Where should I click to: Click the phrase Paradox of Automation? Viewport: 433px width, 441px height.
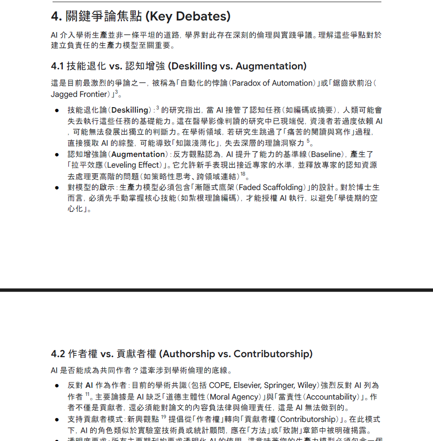coord(273,83)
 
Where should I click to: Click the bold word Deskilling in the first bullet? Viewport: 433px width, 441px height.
coord(130,110)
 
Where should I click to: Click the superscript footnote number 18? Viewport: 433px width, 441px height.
coord(243,174)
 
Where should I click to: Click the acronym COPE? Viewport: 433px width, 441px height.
coord(220,386)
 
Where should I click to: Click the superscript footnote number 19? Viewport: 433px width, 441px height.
coord(164,417)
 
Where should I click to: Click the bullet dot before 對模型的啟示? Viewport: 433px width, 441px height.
coord(57,188)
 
